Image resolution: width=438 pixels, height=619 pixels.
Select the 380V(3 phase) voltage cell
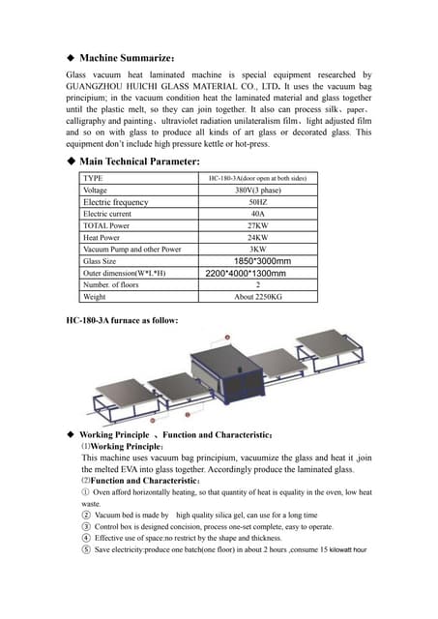257,191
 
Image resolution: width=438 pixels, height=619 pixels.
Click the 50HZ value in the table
257,202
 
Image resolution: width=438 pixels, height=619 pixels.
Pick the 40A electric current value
257,214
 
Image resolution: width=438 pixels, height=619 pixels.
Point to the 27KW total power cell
257,225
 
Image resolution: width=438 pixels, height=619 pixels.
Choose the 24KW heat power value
257,237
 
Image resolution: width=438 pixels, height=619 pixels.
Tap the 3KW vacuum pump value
257,249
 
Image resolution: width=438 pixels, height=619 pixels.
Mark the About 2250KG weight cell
257,297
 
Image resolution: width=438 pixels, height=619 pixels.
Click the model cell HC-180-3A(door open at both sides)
257,179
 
